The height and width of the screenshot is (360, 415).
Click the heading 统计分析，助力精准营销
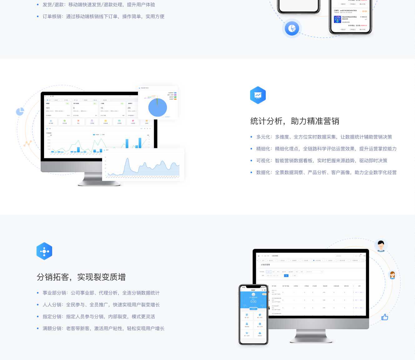[294, 121]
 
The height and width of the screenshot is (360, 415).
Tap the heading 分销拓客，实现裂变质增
[81, 277]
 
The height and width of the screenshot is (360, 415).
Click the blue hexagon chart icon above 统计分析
[258, 95]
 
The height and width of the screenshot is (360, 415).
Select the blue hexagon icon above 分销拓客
[44, 251]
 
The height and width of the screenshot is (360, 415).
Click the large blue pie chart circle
[158, 108]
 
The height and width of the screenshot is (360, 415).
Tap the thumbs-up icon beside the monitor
[385, 317]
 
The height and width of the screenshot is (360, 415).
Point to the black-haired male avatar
[381, 246]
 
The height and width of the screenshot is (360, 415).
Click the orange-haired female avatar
[393, 275]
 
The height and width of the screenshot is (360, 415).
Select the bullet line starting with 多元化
[324, 137]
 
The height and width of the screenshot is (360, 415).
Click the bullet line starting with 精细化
[326, 149]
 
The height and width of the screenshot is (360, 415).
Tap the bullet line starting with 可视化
[322, 161]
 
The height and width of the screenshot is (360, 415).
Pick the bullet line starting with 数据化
[326, 173]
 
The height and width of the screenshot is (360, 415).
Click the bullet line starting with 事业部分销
[101, 293]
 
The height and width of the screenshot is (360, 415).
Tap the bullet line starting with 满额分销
[103, 328]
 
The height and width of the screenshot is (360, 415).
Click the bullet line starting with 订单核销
[103, 17]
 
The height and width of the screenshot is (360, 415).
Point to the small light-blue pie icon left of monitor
[20, 111]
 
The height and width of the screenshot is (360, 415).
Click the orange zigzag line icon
[27, 144]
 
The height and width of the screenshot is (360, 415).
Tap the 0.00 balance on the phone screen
[253, 302]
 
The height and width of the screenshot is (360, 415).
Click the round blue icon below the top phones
[292, 28]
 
